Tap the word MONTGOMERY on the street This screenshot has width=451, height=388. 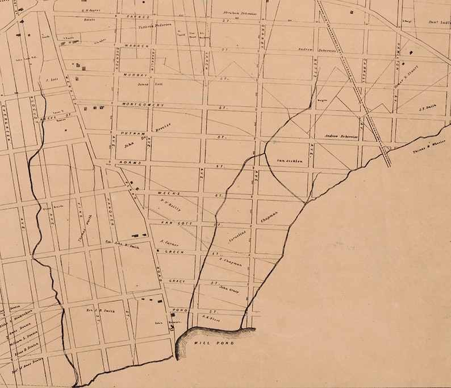coord(143,105)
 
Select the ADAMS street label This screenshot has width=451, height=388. coord(124,163)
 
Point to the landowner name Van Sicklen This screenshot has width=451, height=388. coord(290,161)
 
